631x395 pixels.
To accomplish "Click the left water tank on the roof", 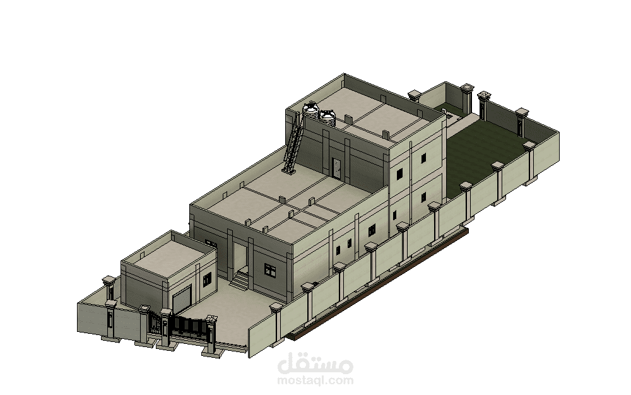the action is click(x=310, y=110).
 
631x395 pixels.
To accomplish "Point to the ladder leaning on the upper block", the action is click(x=293, y=143).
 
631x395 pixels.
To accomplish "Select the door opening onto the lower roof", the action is click(x=336, y=168).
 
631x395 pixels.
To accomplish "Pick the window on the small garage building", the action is click(x=207, y=279).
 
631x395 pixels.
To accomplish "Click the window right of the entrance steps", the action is click(x=270, y=270).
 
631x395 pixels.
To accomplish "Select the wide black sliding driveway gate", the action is click(x=188, y=326).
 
